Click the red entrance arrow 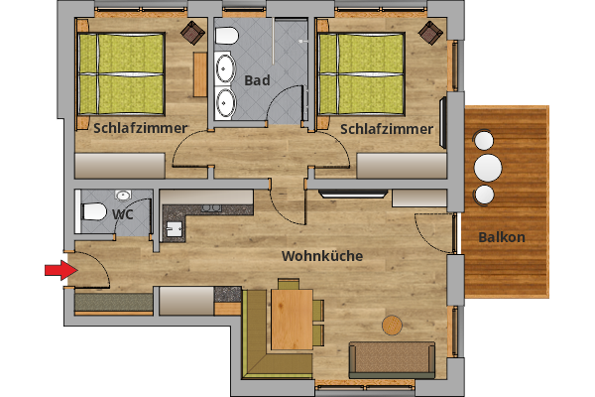click(60, 269)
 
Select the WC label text click(123, 213)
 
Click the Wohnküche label click(321, 256)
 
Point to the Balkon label click(501, 237)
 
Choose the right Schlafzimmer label click(386, 129)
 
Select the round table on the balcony click(487, 165)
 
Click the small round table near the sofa click(394, 325)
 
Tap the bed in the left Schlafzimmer click(120, 73)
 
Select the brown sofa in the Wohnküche click(392, 359)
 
